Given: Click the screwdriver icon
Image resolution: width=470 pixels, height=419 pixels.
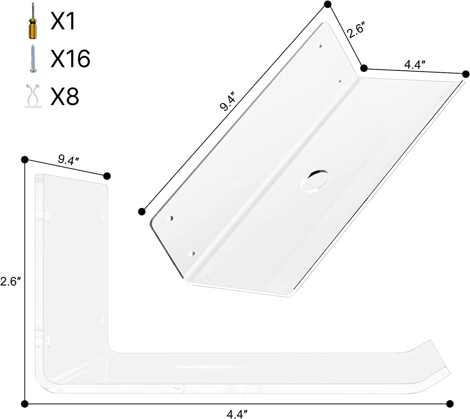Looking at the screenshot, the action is [x=33, y=21].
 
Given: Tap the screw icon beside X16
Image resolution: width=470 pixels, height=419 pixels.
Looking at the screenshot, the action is [x=33, y=59].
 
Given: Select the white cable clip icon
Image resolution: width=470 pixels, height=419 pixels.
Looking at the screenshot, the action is [x=33, y=96].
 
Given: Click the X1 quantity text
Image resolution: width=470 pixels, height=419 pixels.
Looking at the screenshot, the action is [x=63, y=21].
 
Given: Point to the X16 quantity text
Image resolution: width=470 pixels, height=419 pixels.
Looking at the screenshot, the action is [x=70, y=58].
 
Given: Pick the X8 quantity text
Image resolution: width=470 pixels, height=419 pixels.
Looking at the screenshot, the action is [x=65, y=96].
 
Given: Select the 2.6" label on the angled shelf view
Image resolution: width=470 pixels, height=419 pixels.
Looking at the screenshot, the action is [x=356, y=29].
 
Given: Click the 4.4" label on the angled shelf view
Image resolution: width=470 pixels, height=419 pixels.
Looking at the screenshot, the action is [x=415, y=65].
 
